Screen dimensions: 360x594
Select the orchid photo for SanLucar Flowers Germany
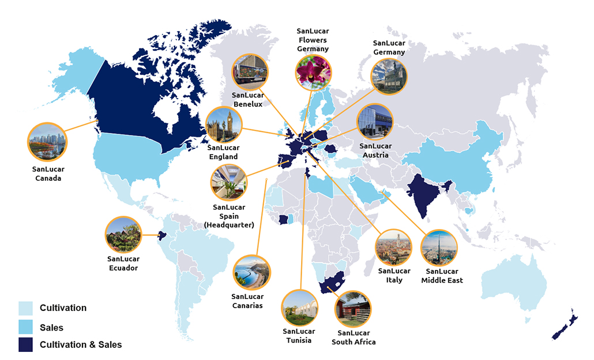click(x=313, y=72)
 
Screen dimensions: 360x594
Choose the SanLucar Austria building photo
click(x=375, y=122)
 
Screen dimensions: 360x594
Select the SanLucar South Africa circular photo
click(x=352, y=309)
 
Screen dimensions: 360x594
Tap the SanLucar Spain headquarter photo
click(x=229, y=182)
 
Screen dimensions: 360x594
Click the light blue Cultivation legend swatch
click(x=26, y=308)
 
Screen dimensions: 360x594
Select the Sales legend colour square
click(x=26, y=327)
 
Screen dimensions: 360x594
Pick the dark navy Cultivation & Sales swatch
click(x=26, y=345)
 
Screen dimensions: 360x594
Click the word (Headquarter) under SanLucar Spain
click(x=229, y=225)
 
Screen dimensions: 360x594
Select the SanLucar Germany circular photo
click(x=389, y=77)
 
